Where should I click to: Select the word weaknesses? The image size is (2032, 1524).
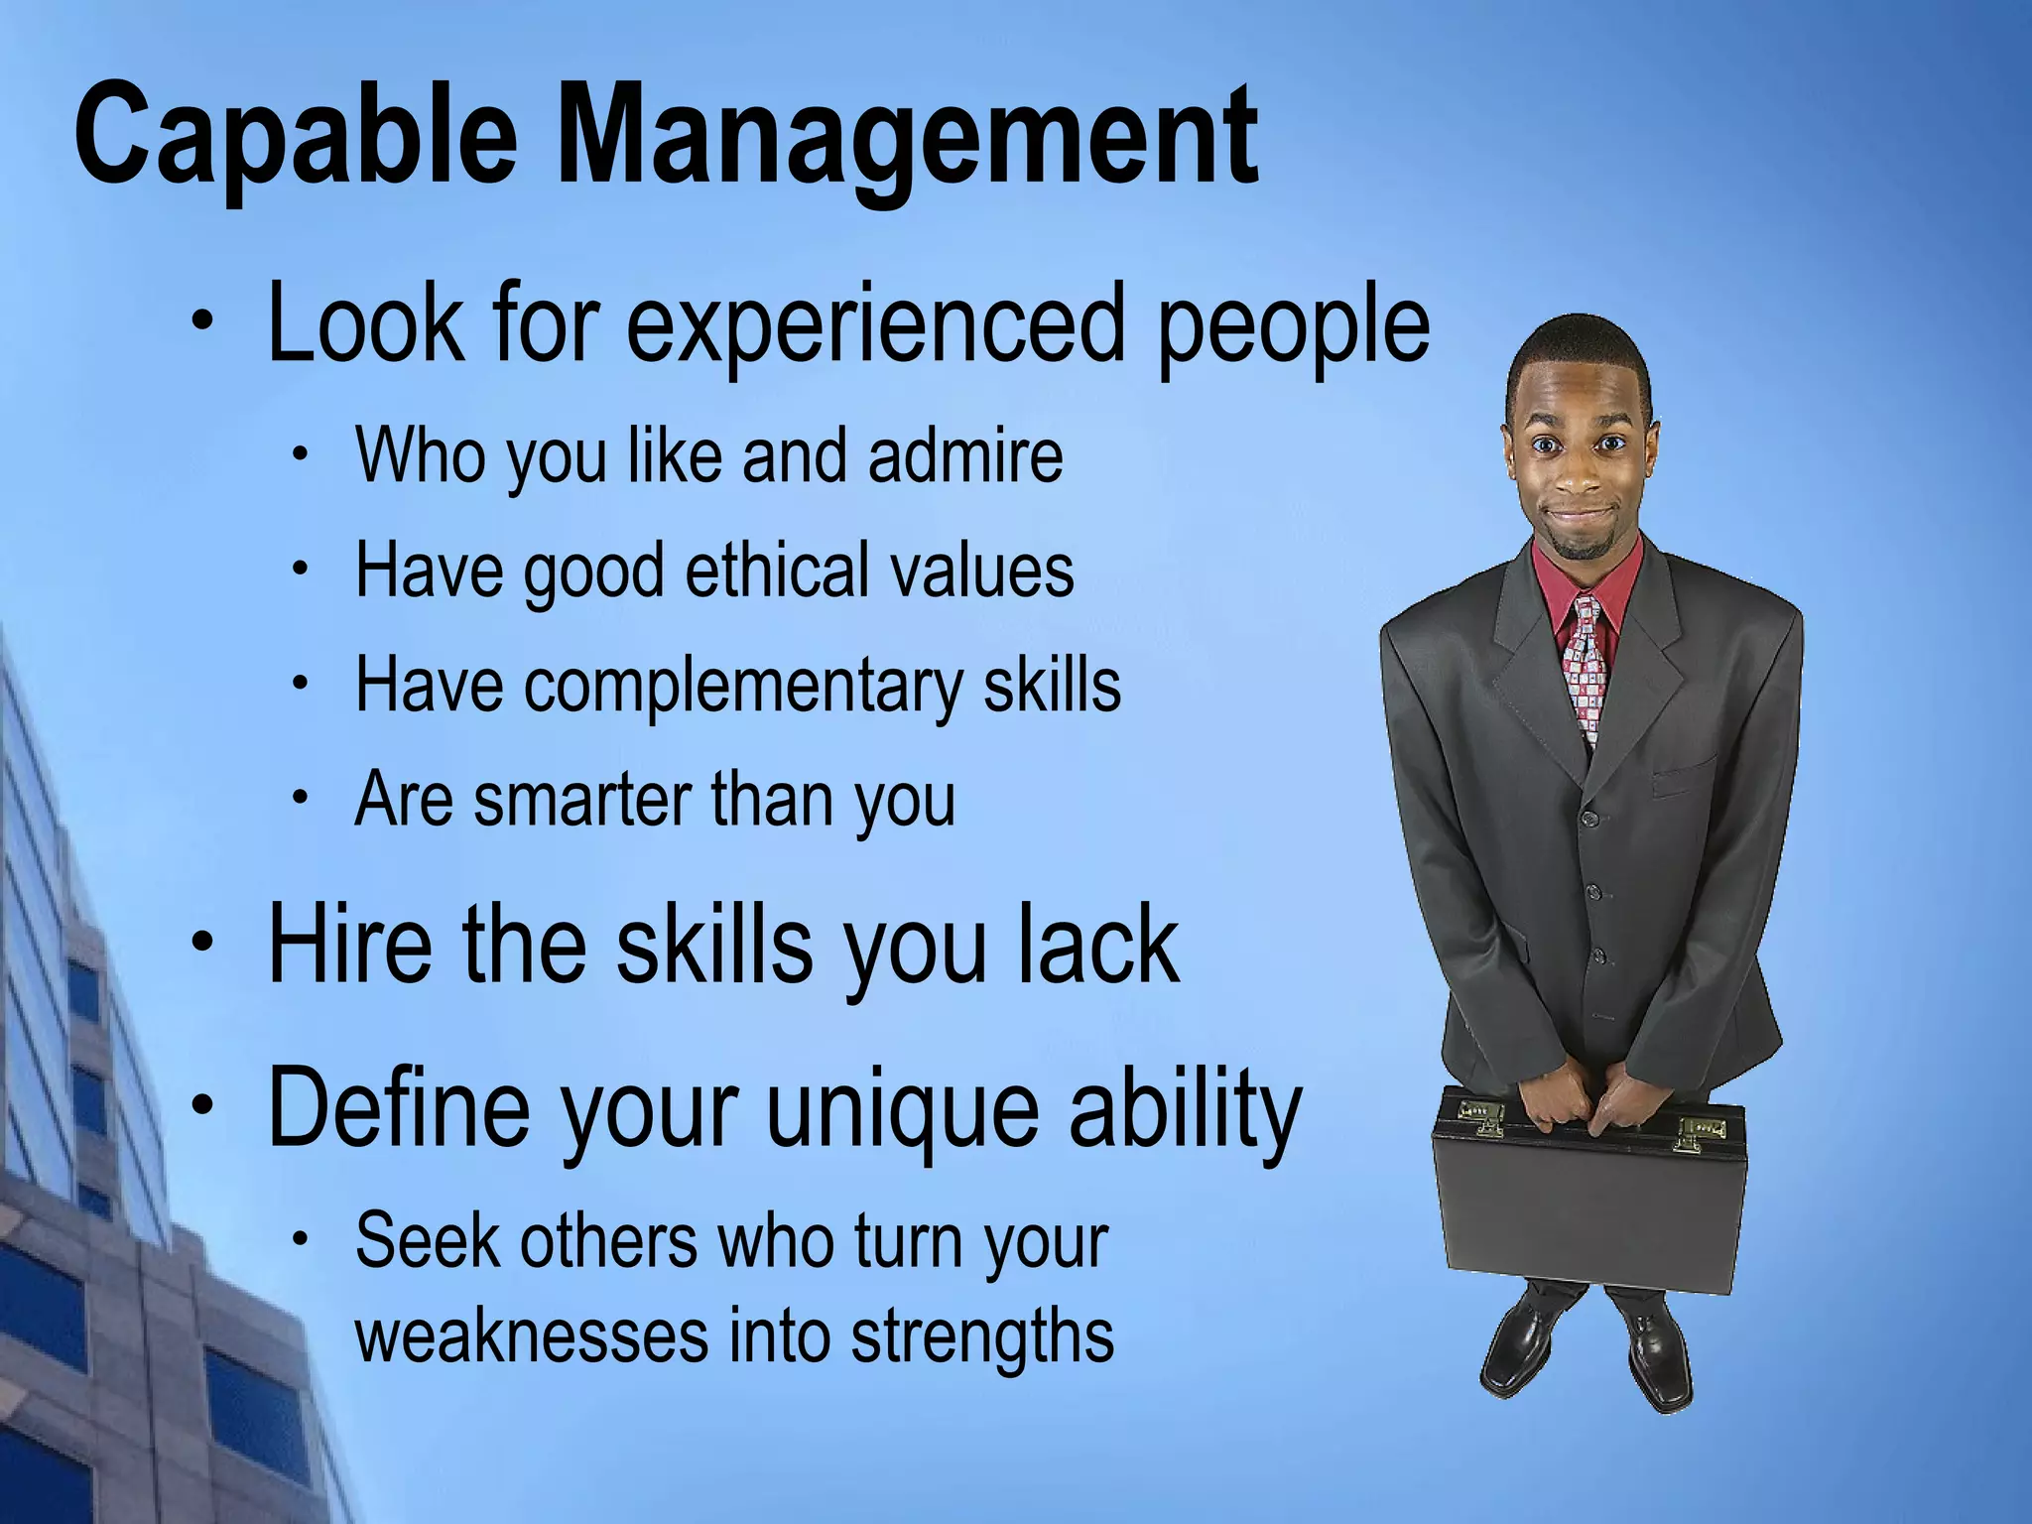point(531,1335)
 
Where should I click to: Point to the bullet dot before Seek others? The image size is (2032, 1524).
point(301,1239)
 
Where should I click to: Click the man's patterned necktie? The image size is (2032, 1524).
point(1584,665)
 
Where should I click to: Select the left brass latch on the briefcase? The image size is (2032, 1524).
point(1479,1116)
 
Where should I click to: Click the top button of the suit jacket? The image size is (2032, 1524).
point(1588,819)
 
